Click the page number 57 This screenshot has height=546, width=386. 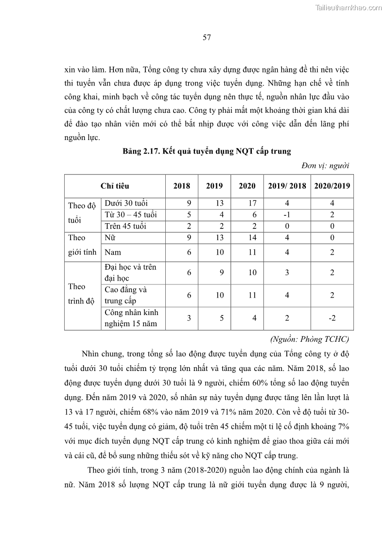click(x=206, y=37)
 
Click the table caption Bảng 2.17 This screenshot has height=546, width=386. click(x=207, y=151)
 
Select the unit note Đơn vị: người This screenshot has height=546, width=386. click(x=325, y=166)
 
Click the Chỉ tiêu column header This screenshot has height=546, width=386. click(x=115, y=186)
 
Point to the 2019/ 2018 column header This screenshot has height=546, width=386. click(x=287, y=186)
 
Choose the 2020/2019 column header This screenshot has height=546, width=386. click(x=332, y=186)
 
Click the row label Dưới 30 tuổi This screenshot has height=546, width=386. click(x=126, y=203)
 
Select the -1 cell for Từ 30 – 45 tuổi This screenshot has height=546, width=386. click(x=287, y=214)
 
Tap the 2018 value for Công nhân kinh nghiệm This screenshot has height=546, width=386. click(x=189, y=318)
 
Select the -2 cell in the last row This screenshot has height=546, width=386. click(x=332, y=318)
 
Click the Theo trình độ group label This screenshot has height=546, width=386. click(x=82, y=294)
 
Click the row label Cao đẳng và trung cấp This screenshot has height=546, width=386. click(x=125, y=295)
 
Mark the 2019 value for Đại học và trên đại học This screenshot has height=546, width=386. click(x=221, y=273)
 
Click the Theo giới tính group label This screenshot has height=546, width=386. click(x=82, y=245)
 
